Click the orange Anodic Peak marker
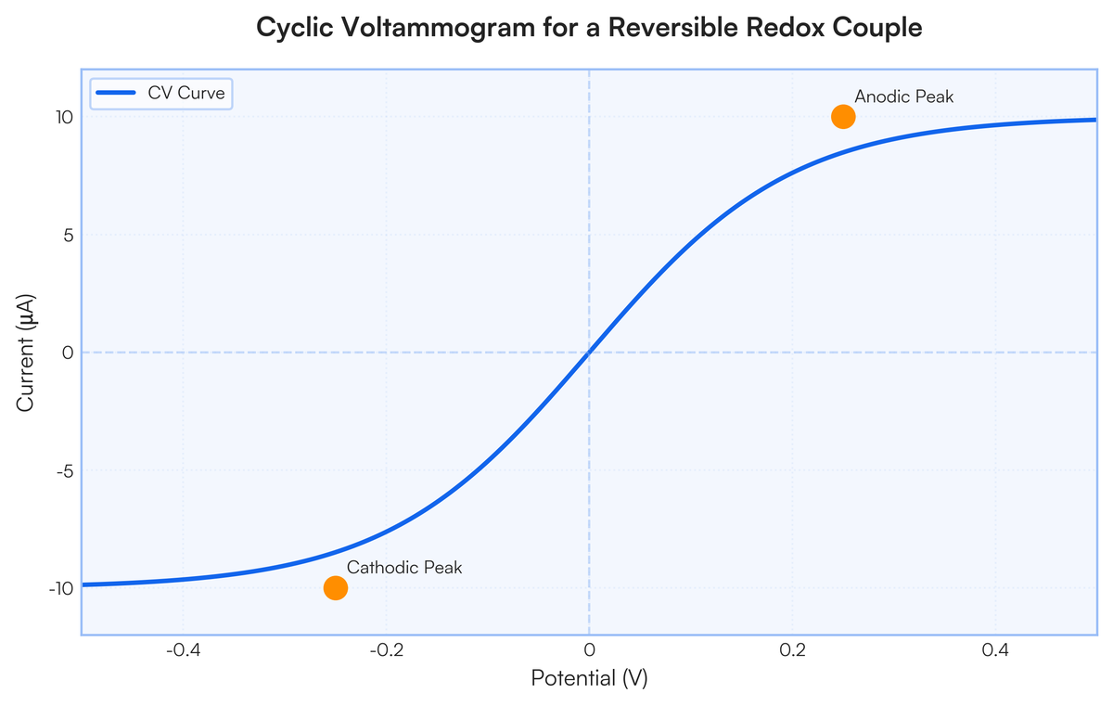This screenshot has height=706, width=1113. (x=843, y=117)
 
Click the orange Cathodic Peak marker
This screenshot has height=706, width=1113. (x=336, y=587)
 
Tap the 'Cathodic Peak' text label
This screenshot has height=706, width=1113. (x=404, y=568)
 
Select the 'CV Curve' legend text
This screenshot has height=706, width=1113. (x=186, y=93)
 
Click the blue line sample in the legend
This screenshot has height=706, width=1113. (x=117, y=93)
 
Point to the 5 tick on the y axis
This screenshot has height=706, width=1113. (x=66, y=235)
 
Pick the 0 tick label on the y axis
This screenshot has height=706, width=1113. (x=66, y=353)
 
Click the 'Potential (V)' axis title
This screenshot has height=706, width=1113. (x=589, y=679)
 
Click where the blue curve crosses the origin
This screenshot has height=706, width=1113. (x=589, y=353)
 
